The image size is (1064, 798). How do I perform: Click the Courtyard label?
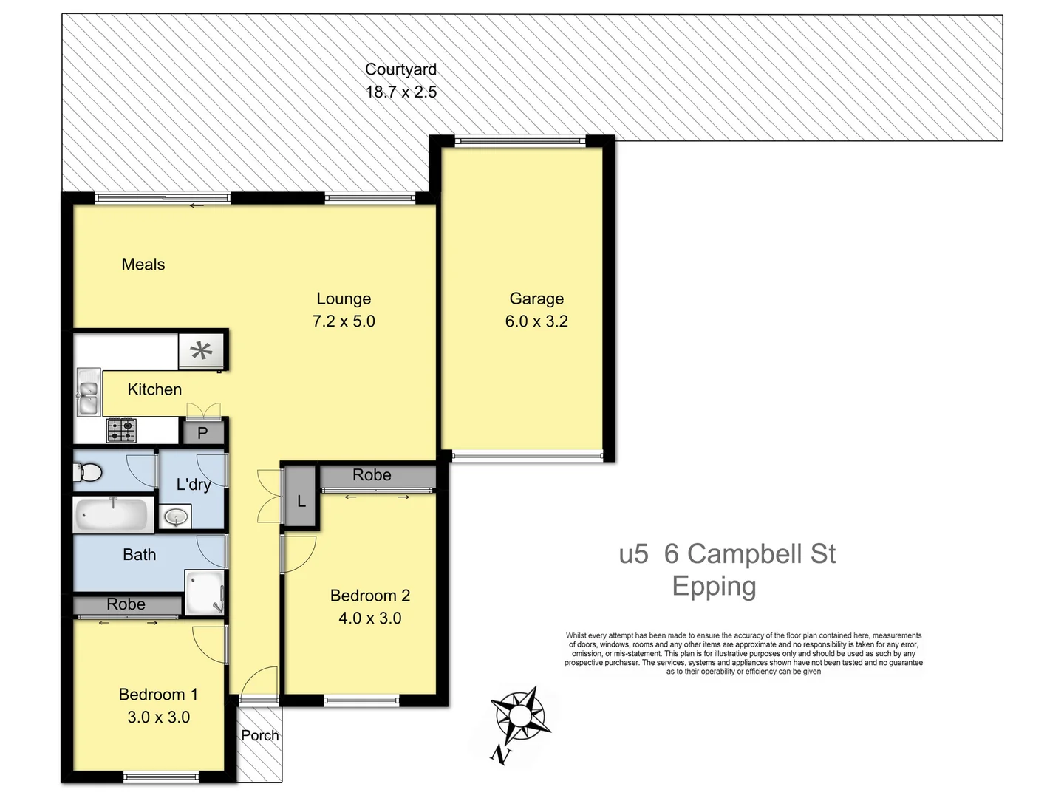coord(400,69)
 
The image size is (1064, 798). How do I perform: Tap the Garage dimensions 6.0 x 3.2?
coord(536,321)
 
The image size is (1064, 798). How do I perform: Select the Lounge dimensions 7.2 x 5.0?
coord(344,321)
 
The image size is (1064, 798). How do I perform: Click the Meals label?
coord(143,265)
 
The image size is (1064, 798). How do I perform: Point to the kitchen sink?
coord(88,392)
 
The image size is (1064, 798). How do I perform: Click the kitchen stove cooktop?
coord(121,430)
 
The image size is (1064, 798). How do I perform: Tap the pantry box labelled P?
coord(202,433)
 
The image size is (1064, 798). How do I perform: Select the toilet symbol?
coord(87,472)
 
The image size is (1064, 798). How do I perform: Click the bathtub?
coord(112,514)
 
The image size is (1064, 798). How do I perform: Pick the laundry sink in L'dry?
coord(175,516)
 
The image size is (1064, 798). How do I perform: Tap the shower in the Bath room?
coord(204,593)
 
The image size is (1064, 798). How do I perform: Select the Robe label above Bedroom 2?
coord(372,475)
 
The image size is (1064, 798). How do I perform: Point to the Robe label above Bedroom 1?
coord(126,604)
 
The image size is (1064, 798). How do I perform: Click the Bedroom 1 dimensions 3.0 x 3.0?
coord(158,717)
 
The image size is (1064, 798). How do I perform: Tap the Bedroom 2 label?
coord(369,596)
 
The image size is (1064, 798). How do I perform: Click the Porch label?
coord(260,735)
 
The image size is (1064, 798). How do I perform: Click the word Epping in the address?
coord(714,586)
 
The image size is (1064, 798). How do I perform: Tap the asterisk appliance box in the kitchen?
coord(201,350)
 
